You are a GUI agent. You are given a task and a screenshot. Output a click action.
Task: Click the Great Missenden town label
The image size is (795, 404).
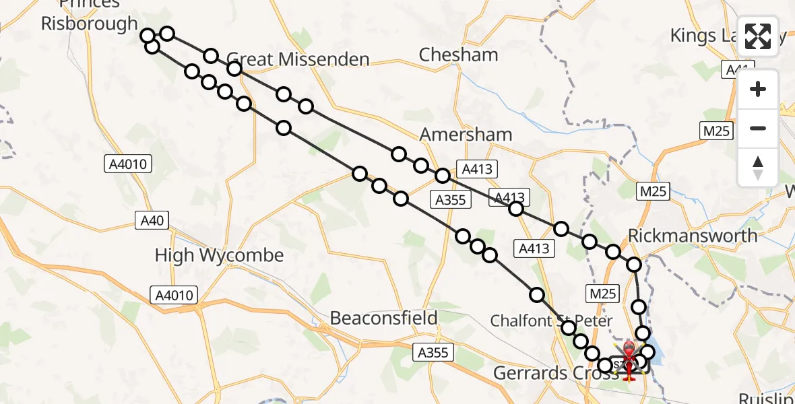(297, 60)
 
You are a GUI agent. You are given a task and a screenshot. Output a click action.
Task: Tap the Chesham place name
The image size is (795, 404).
(458, 55)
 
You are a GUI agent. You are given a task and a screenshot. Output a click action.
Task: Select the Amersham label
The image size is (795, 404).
(466, 135)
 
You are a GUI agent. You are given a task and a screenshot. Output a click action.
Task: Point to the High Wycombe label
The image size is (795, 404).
(219, 256)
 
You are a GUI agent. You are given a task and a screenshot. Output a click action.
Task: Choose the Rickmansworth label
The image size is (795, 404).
(693, 236)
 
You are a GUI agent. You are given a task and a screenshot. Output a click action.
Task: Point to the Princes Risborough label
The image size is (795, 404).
(90, 15)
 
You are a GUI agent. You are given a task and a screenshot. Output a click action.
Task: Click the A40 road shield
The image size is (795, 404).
(152, 220)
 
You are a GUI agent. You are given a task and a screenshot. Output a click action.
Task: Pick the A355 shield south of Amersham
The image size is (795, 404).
(451, 199)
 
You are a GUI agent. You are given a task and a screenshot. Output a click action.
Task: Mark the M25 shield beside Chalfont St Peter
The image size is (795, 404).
(602, 293)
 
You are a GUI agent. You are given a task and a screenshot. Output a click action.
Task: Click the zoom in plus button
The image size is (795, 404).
(758, 90)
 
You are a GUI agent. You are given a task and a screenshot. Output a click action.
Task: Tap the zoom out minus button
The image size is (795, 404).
(758, 128)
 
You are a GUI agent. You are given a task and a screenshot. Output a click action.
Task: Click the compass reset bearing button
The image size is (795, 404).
(758, 167)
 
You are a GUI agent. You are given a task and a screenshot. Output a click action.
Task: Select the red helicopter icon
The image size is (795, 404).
(629, 360)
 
